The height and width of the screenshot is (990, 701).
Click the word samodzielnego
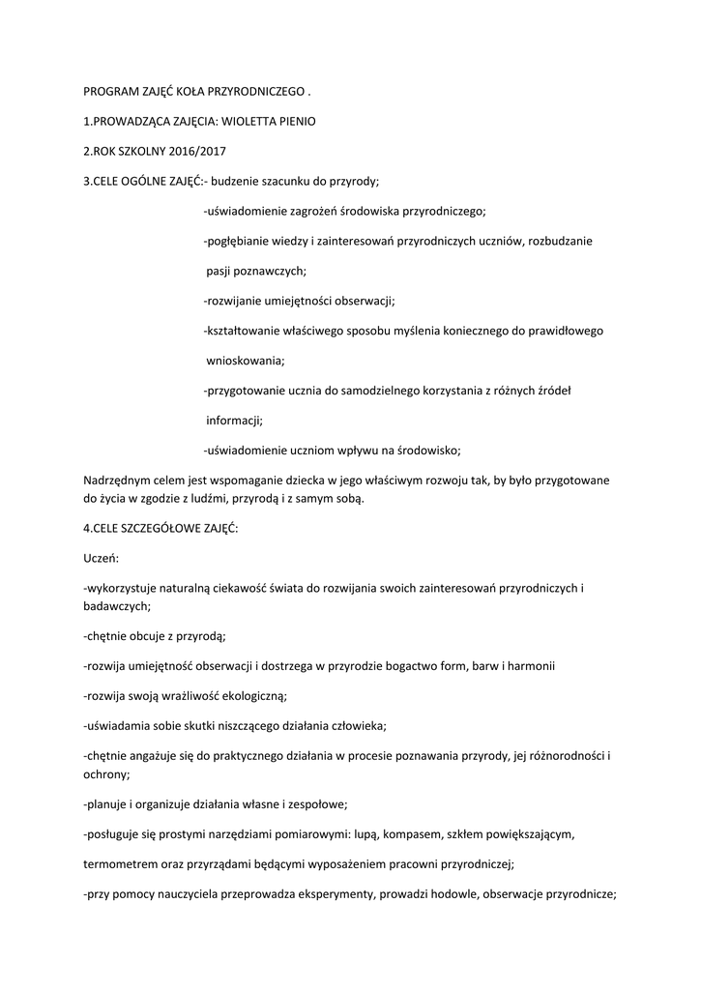(x=359, y=391)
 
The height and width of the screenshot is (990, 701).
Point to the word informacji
(x=234, y=421)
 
